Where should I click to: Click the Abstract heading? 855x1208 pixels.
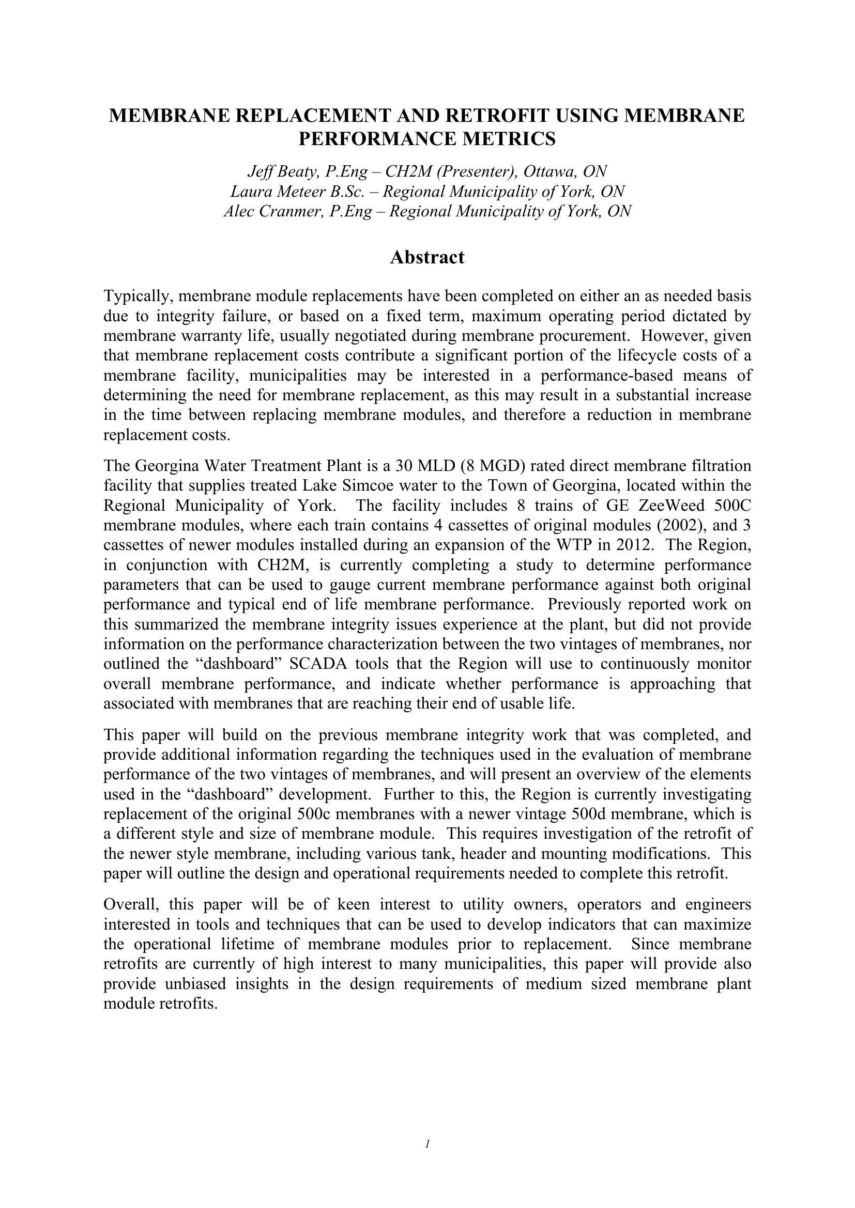tap(427, 257)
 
